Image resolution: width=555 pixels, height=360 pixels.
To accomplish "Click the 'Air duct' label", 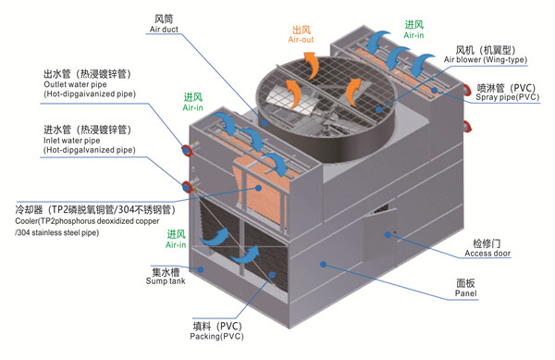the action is [x=164, y=30].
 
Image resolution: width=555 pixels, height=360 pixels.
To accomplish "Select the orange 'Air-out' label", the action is [x=301, y=40].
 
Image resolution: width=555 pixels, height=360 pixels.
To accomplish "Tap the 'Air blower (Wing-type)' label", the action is [x=486, y=59].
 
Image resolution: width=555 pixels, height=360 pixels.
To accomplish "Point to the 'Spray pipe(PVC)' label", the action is [x=508, y=97].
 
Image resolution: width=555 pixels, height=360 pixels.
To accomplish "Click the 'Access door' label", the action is [x=487, y=254].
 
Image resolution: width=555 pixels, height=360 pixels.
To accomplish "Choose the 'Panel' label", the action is [x=466, y=293].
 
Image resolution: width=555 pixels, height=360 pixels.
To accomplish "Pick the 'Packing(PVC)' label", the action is [x=217, y=336].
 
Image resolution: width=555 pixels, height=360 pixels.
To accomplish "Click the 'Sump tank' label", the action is [x=166, y=281].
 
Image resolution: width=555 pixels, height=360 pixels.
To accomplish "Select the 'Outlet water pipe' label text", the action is [x=75, y=84].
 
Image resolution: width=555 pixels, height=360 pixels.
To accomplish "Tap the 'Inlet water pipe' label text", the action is [x=71, y=141].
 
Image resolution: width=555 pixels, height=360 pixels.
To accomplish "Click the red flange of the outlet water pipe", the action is [x=187, y=150].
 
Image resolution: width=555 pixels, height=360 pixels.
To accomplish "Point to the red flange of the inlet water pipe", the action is [x=187, y=187].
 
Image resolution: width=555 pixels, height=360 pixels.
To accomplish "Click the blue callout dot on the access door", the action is [x=388, y=234].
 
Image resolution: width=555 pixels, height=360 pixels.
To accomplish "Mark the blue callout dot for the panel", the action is [x=323, y=264].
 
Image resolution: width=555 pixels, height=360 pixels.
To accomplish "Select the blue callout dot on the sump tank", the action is [x=201, y=269].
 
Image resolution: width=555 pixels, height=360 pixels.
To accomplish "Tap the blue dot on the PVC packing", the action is [x=272, y=275].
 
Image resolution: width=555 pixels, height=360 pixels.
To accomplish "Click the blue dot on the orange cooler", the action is [x=259, y=188].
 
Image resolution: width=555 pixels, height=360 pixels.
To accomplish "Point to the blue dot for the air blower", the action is [x=379, y=109].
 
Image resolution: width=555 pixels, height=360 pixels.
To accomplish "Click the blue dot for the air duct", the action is [x=265, y=123].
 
